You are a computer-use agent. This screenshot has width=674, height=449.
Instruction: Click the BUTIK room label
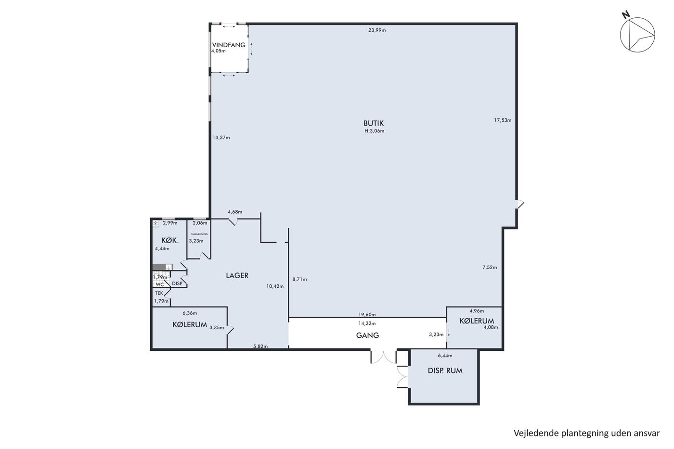[374, 123]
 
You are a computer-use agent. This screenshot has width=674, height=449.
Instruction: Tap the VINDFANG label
[229, 45]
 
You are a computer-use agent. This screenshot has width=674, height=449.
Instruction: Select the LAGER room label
[237, 275]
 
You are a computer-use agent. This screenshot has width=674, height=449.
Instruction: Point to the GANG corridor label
[367, 335]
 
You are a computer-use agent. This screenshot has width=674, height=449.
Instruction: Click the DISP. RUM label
[445, 371]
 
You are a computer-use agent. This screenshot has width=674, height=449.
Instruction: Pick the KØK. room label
[170, 240]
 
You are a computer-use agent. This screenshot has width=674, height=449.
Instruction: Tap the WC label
[160, 284]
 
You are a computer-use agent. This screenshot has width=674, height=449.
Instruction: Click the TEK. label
[159, 293]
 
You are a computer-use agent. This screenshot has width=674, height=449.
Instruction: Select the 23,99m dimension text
[377, 30]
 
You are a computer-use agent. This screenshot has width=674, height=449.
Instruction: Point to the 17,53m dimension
[503, 120]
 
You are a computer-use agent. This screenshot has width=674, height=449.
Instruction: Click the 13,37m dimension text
[221, 138]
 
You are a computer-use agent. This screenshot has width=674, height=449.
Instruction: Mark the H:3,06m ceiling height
[375, 131]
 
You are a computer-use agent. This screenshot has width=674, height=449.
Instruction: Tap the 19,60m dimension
[367, 315]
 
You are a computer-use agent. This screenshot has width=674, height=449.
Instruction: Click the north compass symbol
[637, 35]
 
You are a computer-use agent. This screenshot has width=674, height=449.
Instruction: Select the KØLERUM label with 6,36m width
[190, 325]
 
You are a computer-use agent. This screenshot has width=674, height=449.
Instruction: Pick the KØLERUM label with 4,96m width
[477, 321]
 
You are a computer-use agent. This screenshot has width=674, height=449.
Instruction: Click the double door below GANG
[384, 357]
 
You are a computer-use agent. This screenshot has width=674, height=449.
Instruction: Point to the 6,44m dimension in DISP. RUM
[445, 356]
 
